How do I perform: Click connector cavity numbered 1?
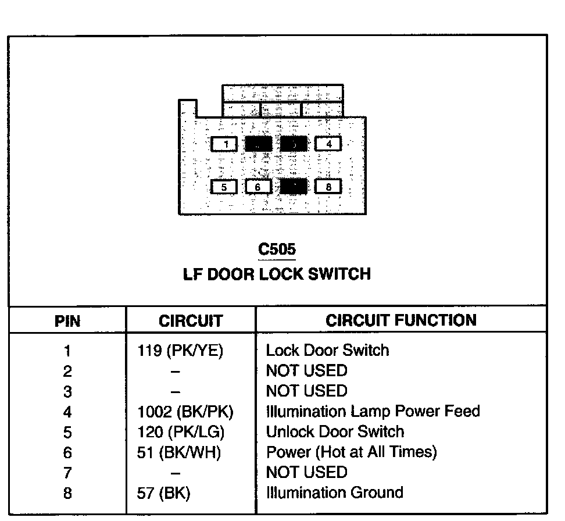click(224, 144)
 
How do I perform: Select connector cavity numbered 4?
click(328, 144)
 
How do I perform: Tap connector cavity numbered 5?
click(224, 187)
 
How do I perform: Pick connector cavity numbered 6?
click(259, 187)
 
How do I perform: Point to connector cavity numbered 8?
click(328, 187)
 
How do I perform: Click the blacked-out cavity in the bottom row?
click(294, 186)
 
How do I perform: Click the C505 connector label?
click(277, 249)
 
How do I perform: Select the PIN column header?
click(67, 320)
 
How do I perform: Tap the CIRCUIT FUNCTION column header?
click(400, 320)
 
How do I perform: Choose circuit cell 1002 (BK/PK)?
click(185, 412)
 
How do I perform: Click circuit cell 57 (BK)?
click(165, 493)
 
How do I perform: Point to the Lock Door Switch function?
click(327, 350)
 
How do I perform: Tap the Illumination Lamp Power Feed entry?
click(373, 412)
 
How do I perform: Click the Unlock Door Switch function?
click(335, 432)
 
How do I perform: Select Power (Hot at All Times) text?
click(351, 452)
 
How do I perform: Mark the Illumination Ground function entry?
click(334, 493)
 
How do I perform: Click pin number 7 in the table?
click(67, 473)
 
